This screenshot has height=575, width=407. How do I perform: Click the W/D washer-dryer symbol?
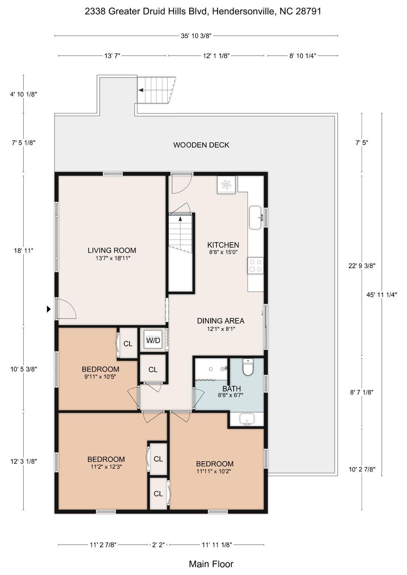click(153, 340)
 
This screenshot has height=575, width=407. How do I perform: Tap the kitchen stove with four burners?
click(255, 266)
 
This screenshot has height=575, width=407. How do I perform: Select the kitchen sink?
click(256, 217)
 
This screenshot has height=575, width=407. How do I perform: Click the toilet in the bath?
click(248, 367)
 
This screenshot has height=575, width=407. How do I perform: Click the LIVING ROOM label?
click(112, 250)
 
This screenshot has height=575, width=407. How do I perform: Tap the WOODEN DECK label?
click(201, 145)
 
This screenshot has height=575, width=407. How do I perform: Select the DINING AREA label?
click(221, 321)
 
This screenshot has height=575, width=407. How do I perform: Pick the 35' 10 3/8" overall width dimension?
click(196, 36)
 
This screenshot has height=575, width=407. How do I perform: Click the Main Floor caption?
click(211, 564)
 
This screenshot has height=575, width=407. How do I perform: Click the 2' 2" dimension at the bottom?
click(158, 545)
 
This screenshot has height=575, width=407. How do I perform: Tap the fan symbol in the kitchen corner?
click(226, 185)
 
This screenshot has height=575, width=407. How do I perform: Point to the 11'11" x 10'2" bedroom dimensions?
click(213, 472)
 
